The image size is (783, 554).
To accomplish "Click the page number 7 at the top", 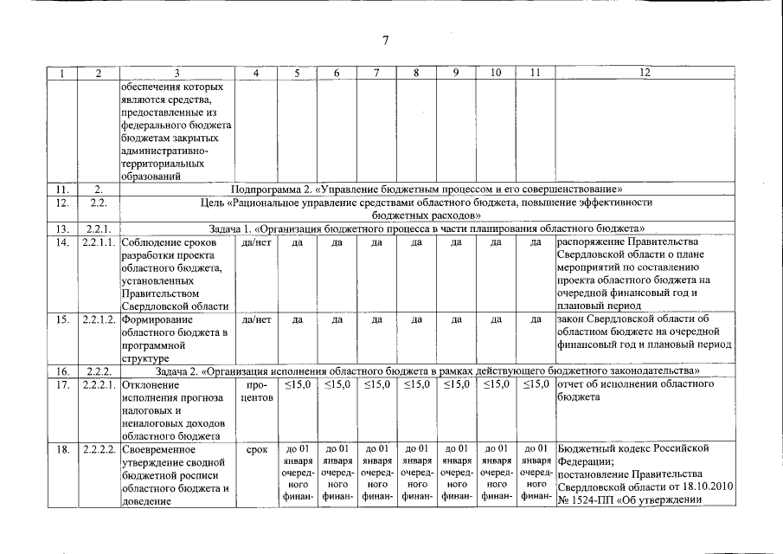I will pos(386,40).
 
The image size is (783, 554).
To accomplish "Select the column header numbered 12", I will pos(644,74).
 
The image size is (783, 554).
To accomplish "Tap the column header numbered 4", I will pos(257,74).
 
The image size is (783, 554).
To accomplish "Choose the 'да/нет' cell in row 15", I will pos(257,319).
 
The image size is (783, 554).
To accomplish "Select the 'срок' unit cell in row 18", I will pos(257,450).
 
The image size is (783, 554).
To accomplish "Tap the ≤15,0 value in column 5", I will pos(297,384).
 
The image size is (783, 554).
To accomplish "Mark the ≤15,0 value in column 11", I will pos(536,384).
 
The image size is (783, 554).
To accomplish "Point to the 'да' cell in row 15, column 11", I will pos(536,319).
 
